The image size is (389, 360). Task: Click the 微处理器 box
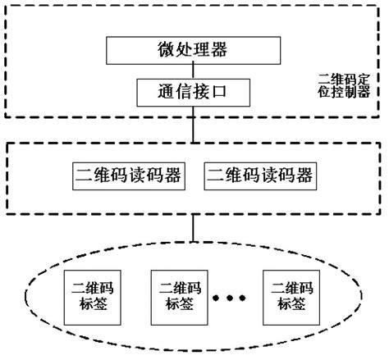pos(192,51)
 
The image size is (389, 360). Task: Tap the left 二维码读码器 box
pos(126,175)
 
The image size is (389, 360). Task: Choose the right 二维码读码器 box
pos(259,175)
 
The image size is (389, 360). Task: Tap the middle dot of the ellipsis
pos(234,298)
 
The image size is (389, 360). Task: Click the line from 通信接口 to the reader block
pos(192,125)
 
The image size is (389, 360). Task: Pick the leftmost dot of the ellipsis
pos(218,298)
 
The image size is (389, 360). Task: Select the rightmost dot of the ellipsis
pos(249,298)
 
